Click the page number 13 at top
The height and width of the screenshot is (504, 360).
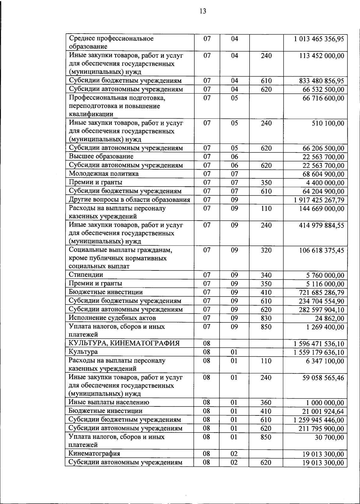[x=202, y=11]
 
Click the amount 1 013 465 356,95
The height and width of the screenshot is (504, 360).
[x=319, y=39]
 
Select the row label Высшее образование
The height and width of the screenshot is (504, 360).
[x=101, y=156]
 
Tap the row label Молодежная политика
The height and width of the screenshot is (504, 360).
[x=104, y=174]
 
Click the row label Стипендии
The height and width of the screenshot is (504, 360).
[x=86, y=274]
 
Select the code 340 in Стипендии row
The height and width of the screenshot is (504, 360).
[x=266, y=275]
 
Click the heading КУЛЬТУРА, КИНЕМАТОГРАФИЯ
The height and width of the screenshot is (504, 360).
[x=124, y=343]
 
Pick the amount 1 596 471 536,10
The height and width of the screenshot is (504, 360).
[x=319, y=344]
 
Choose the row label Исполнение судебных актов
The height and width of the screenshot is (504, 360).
[x=112, y=318]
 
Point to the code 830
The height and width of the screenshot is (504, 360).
[x=266, y=318]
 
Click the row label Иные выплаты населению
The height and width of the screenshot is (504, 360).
[x=109, y=402]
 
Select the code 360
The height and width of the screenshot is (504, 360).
[x=266, y=403]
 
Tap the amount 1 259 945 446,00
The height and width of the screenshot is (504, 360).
[x=319, y=420]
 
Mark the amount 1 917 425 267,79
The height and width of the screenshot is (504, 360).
[x=319, y=200]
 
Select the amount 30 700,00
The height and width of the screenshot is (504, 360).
[x=329, y=437]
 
